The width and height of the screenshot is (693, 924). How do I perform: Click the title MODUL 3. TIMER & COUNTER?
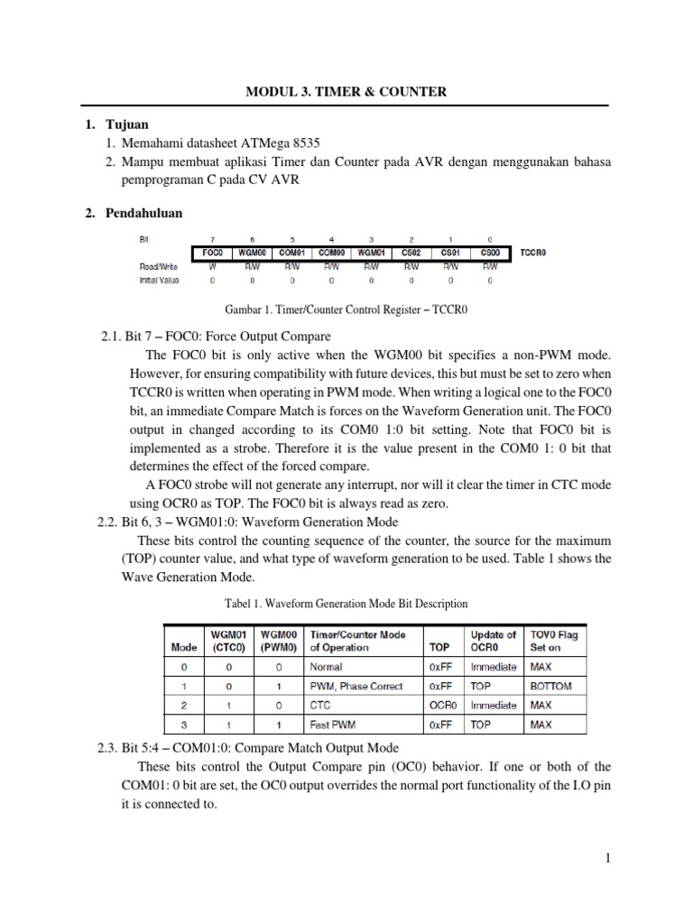click(x=347, y=91)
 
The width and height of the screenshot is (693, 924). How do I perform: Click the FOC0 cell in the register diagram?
click(x=212, y=254)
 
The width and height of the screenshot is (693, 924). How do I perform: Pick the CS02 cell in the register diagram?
click(x=411, y=254)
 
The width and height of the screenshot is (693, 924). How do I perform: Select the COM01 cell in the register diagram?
click(x=291, y=254)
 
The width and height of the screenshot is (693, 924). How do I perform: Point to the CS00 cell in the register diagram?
click(x=489, y=254)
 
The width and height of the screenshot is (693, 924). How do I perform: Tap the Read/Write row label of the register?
click(x=160, y=267)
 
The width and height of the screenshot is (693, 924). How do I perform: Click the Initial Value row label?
click(x=160, y=281)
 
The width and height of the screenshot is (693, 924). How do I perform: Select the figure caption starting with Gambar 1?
click(x=347, y=310)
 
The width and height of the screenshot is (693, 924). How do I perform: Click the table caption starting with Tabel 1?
click(x=347, y=603)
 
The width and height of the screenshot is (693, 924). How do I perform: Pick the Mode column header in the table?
click(x=184, y=647)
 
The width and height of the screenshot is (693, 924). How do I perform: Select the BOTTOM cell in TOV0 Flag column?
click(x=551, y=686)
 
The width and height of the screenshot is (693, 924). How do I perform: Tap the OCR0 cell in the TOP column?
click(x=442, y=705)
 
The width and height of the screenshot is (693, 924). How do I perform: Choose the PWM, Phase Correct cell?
click(x=351, y=686)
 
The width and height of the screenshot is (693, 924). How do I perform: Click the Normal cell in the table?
click(x=326, y=667)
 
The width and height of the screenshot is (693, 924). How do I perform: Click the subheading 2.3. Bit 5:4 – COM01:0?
click(x=247, y=748)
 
